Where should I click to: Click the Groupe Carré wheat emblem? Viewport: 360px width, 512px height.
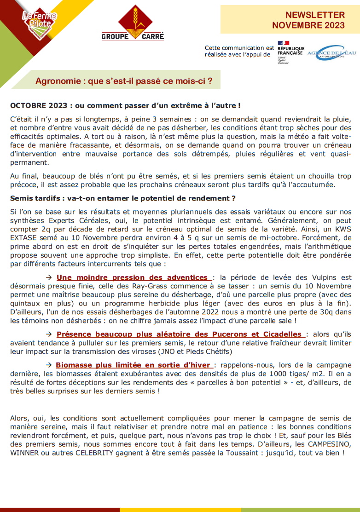coord(133,19)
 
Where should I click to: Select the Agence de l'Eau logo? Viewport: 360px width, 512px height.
coord(332,52)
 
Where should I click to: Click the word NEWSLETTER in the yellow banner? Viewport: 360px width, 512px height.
coord(315,15)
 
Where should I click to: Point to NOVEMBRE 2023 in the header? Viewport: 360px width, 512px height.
coord(308,25)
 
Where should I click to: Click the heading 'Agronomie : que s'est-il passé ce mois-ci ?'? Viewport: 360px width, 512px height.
coord(124,81)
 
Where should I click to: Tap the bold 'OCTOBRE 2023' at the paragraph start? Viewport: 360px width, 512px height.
coord(32,106)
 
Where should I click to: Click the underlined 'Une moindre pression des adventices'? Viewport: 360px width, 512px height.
coord(132,277)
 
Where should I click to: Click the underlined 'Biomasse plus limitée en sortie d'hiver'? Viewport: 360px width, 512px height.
coord(134,365)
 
